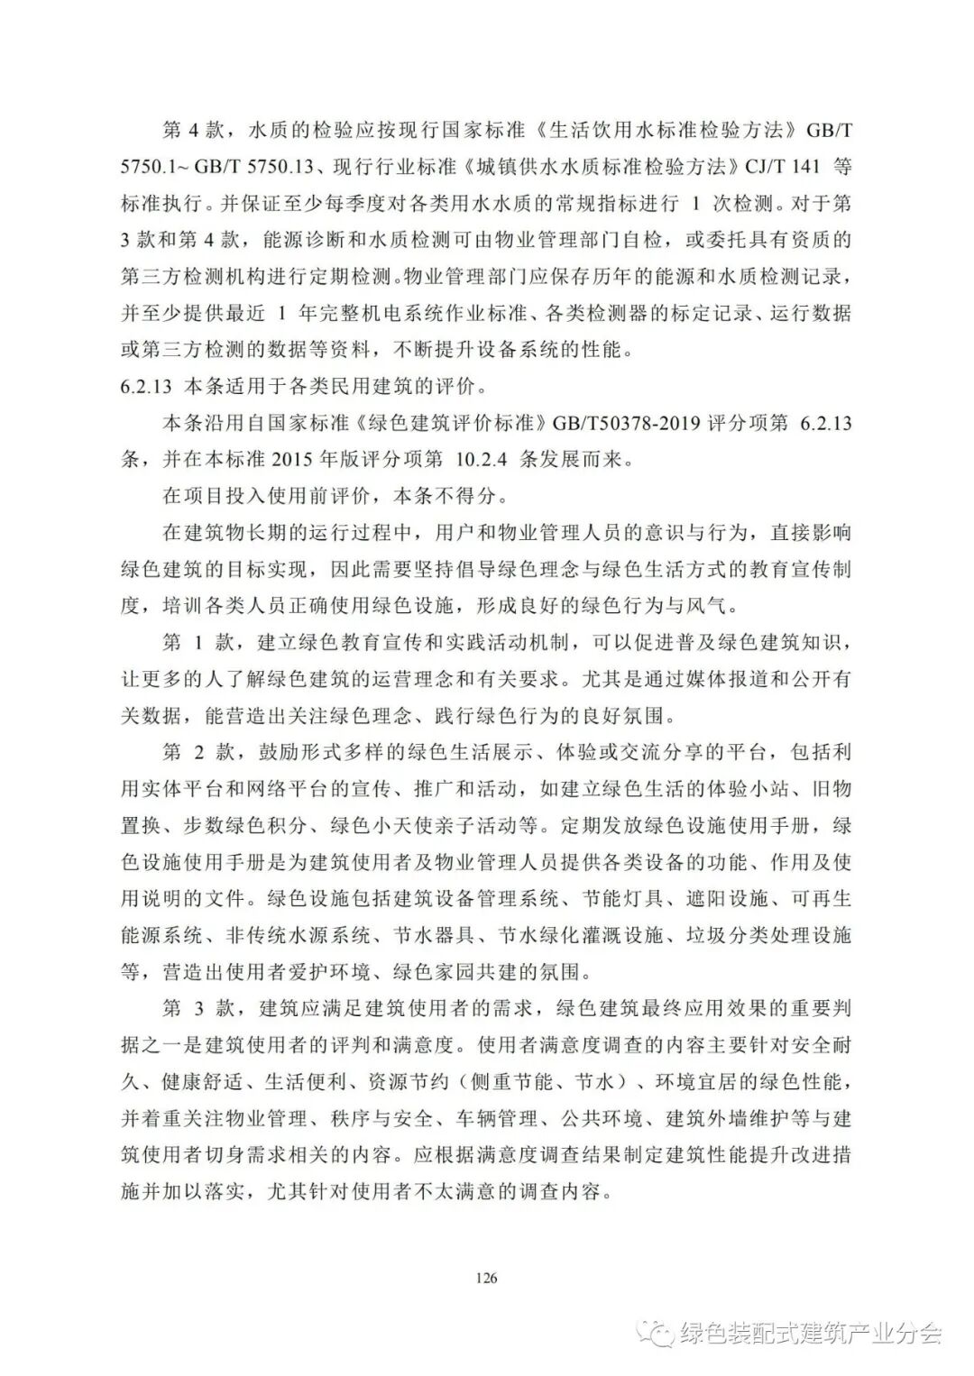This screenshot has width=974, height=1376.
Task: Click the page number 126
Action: click(486, 1277)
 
